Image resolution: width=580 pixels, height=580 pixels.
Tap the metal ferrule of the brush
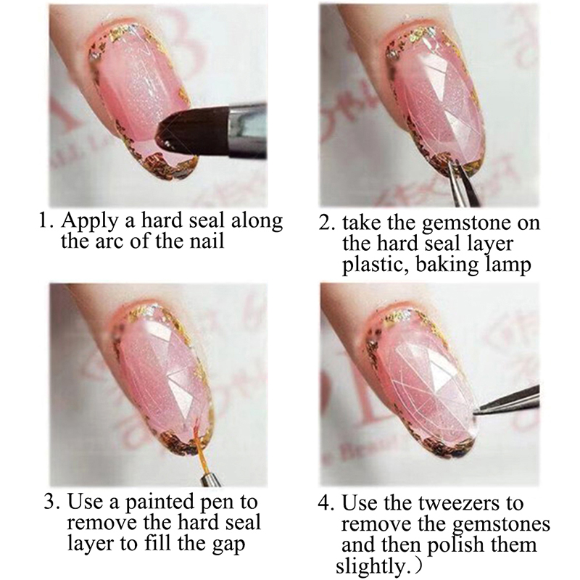[246, 130]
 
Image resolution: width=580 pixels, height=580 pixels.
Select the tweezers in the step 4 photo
[507, 401]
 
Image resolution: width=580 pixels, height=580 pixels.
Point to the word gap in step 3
[228, 545]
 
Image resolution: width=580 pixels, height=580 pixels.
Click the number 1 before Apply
[44, 221]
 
